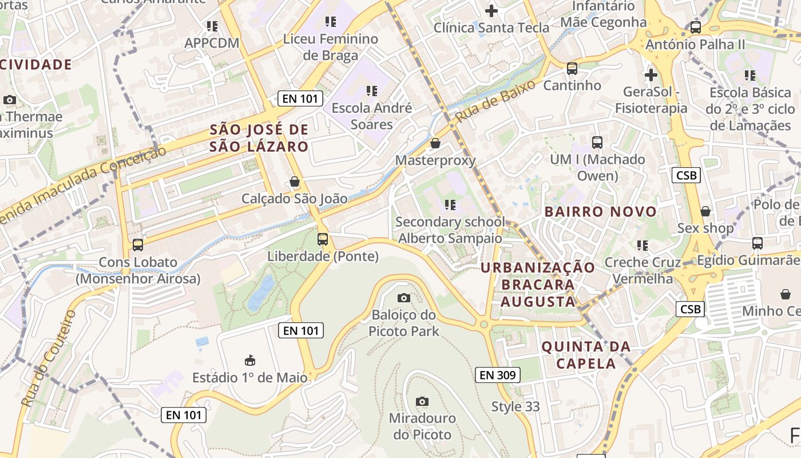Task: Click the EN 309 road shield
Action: [x=497, y=375]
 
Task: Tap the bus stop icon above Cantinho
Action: [x=572, y=69]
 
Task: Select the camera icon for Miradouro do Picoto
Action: [x=422, y=401]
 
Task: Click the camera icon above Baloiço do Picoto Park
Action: [x=403, y=298]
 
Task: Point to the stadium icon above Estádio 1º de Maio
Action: [x=250, y=361]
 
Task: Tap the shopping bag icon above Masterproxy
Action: [x=435, y=143]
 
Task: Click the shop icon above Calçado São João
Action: [x=295, y=181]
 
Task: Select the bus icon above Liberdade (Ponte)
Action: [x=323, y=239]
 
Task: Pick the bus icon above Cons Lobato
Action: [x=138, y=245]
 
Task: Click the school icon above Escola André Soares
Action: [x=372, y=90]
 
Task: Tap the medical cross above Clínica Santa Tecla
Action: [x=491, y=10]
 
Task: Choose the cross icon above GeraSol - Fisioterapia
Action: [x=651, y=75]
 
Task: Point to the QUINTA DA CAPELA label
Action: [x=586, y=355]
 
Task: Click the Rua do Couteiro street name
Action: [x=48, y=358]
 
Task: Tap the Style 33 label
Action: [x=516, y=406]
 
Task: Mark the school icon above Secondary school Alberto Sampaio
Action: [x=450, y=204]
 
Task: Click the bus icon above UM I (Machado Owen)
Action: [x=597, y=143]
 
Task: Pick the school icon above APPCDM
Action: [x=212, y=26]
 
